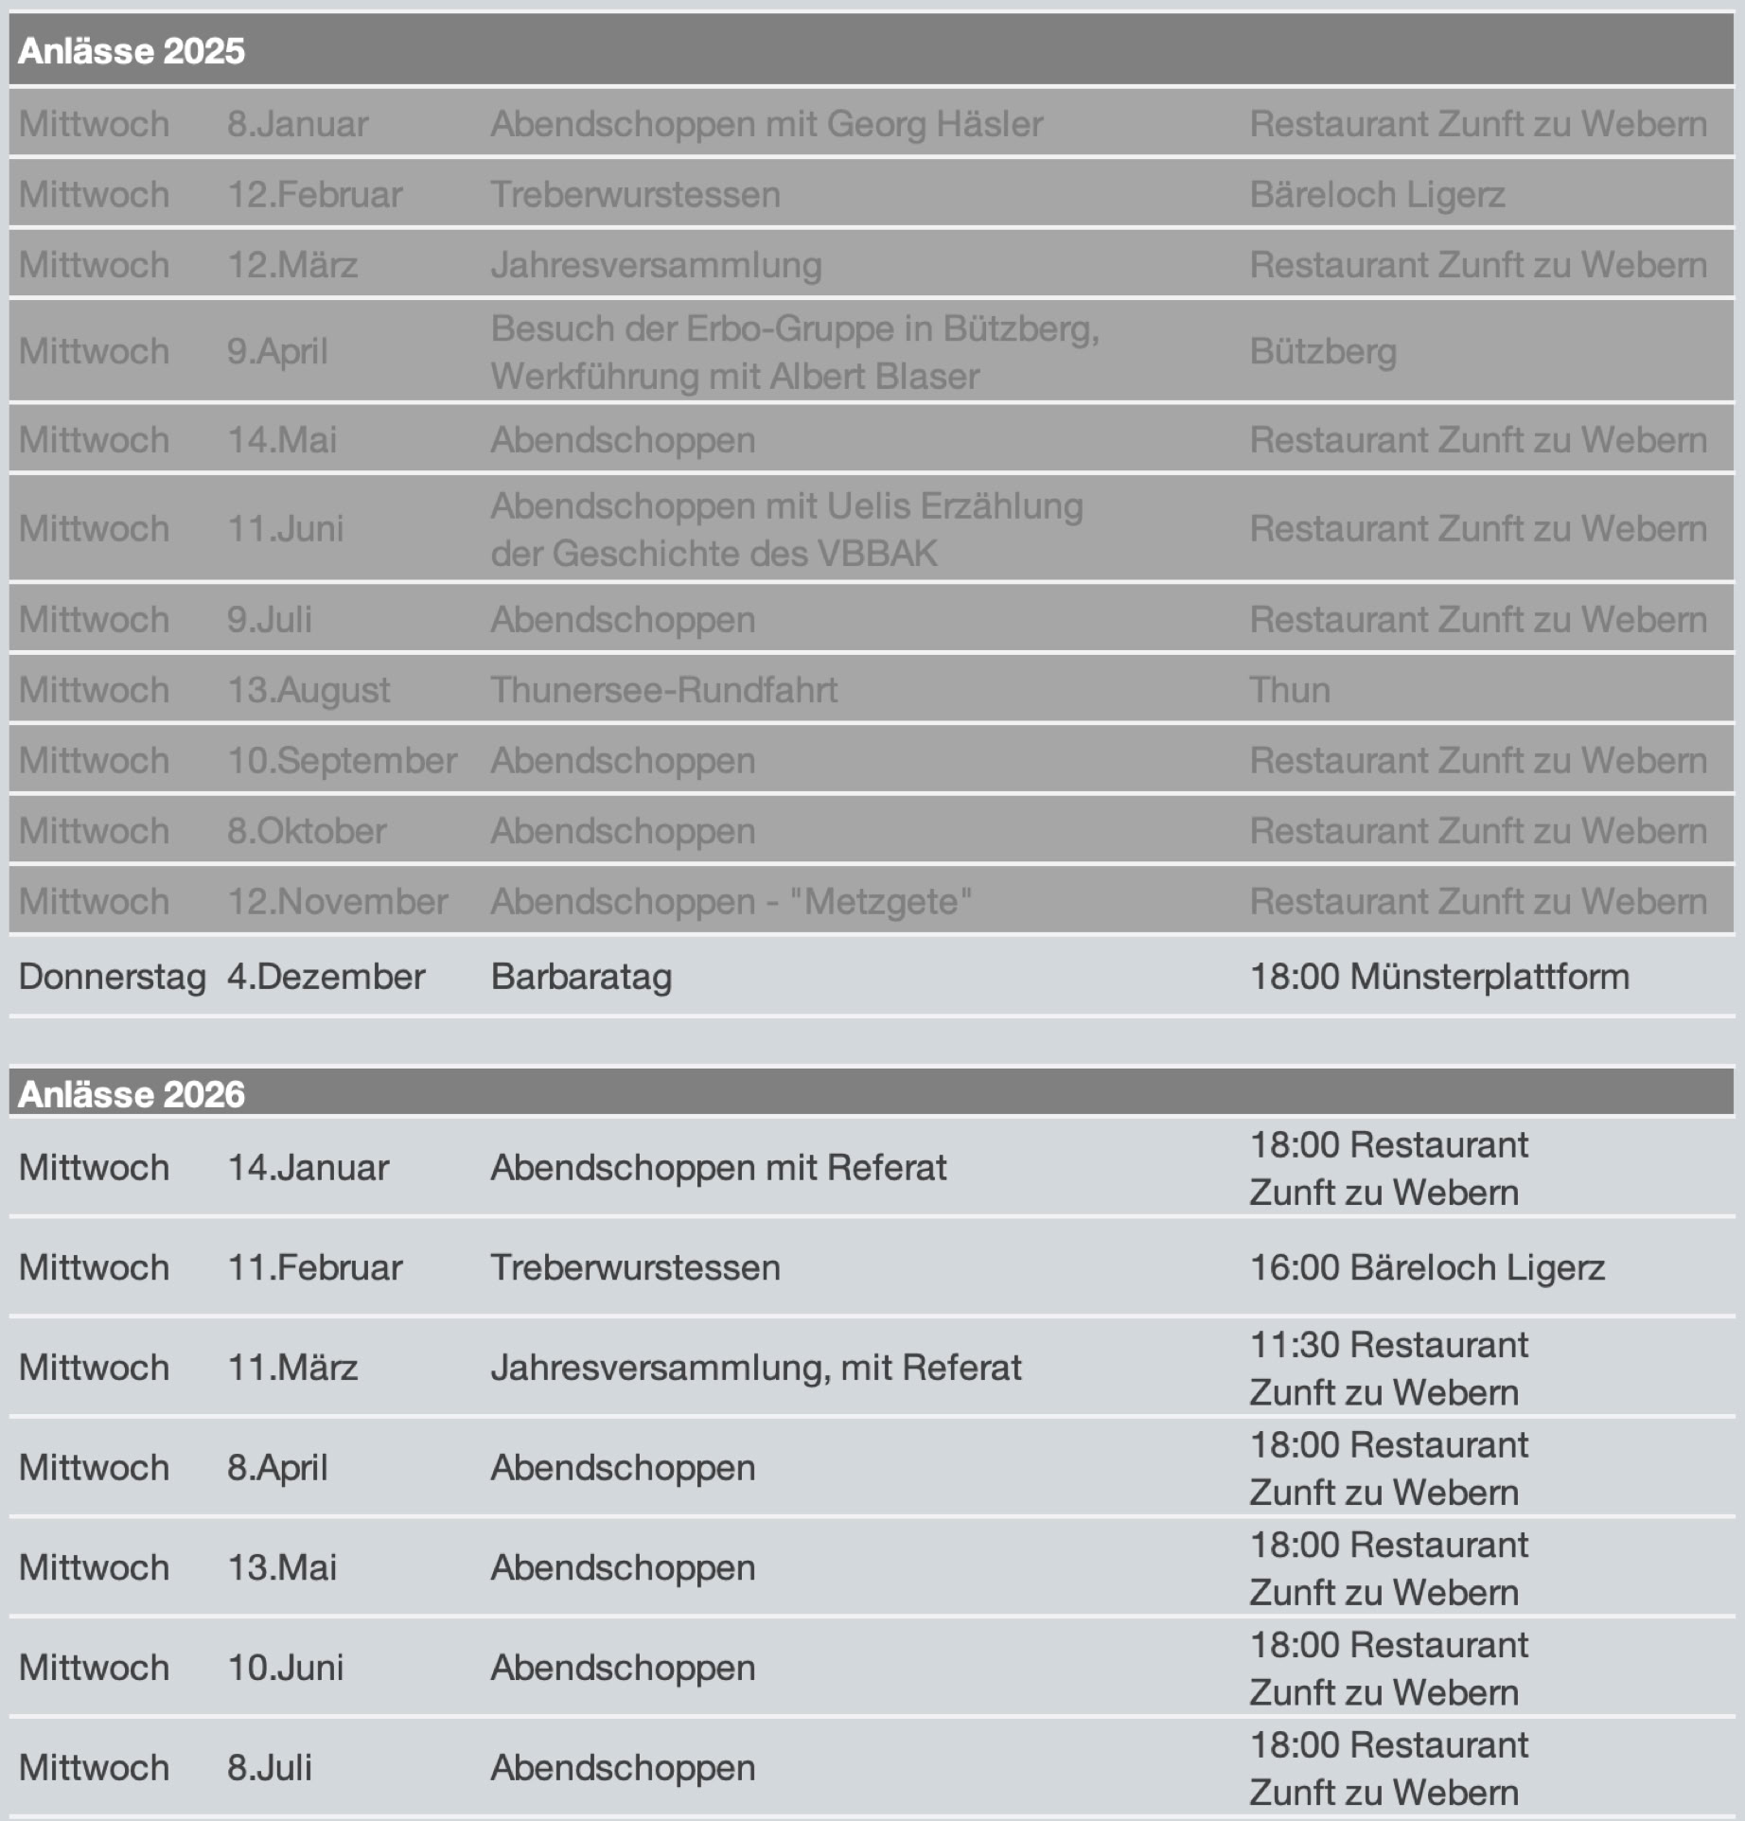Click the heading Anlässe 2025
click(x=132, y=51)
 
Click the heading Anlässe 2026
click(x=132, y=1094)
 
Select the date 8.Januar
click(x=297, y=124)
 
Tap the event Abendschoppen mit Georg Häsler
click(x=766, y=124)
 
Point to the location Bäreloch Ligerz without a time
click(x=1377, y=195)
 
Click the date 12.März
click(x=292, y=265)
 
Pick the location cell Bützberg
click(x=1323, y=352)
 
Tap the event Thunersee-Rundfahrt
click(x=663, y=690)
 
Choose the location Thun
click(x=1290, y=690)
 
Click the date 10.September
click(x=342, y=761)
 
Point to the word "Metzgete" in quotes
click(x=880, y=902)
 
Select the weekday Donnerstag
click(x=112, y=977)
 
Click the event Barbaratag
click(x=581, y=977)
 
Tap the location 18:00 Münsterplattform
click(x=1439, y=977)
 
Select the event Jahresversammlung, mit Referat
click(x=755, y=1368)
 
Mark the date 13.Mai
click(x=282, y=1567)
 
